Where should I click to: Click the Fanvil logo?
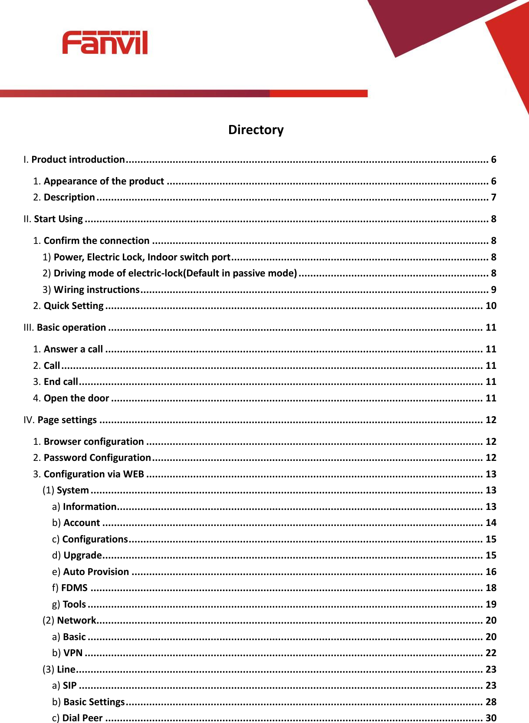(x=105, y=43)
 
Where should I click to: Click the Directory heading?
(x=256, y=130)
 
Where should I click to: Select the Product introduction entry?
(x=78, y=160)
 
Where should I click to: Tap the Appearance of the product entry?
(x=104, y=181)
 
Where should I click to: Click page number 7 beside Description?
(x=493, y=197)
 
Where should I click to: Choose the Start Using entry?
(x=58, y=219)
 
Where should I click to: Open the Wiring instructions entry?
(x=96, y=289)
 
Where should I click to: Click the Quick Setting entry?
(x=73, y=306)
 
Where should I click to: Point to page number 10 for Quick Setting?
(x=491, y=306)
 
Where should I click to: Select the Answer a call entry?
(x=73, y=349)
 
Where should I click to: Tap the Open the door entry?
(x=76, y=398)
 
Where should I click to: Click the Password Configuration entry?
(x=97, y=458)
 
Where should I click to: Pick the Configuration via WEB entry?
(x=94, y=474)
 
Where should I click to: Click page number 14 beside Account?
(x=491, y=523)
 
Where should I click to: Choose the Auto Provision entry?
(x=96, y=572)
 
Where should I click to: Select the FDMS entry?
(x=74, y=588)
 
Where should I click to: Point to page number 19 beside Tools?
(x=491, y=605)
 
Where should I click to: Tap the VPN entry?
(x=72, y=653)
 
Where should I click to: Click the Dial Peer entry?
(x=82, y=718)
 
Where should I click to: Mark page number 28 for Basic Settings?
(x=491, y=702)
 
